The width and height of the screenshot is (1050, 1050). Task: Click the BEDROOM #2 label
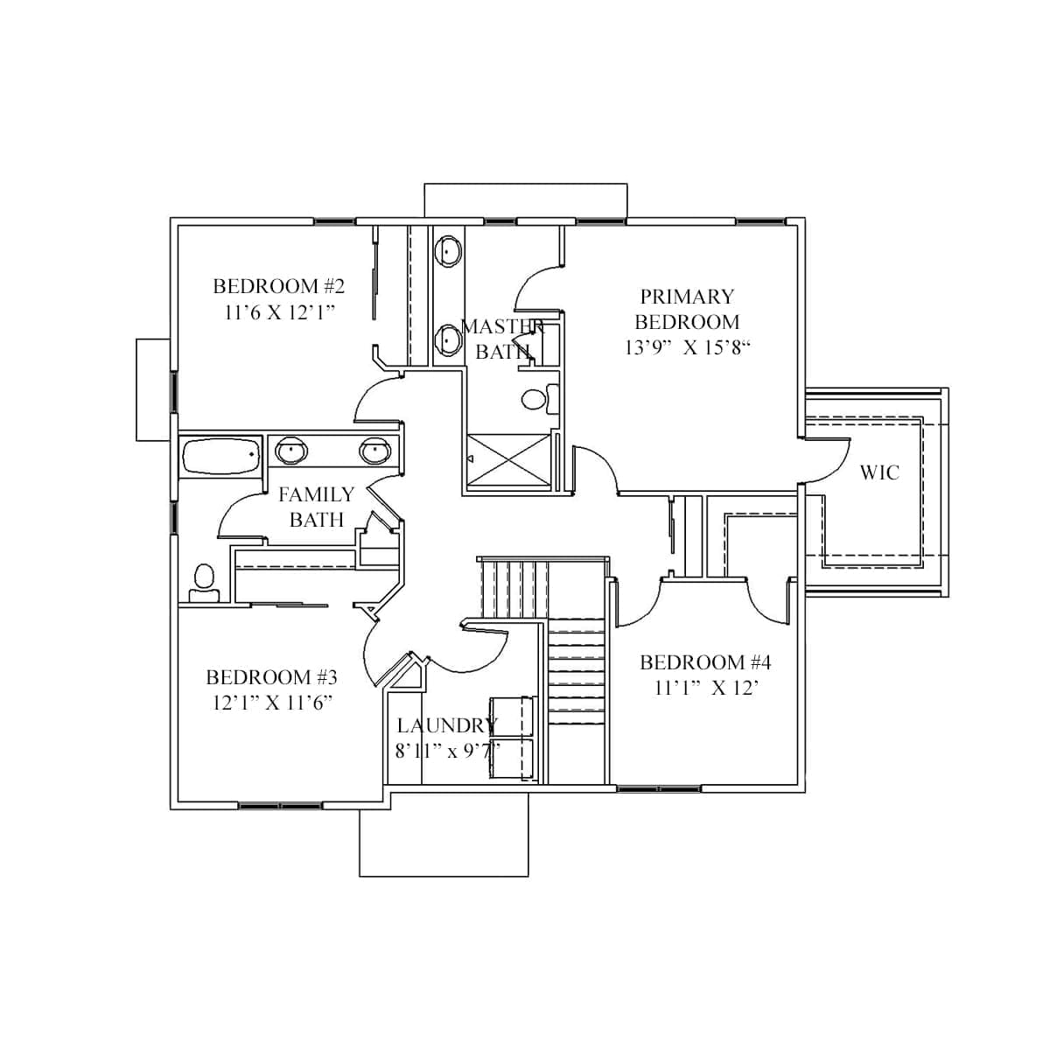[278, 286]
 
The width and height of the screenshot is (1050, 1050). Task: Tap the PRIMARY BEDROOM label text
[687, 309]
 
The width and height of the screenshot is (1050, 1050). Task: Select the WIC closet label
[879, 472]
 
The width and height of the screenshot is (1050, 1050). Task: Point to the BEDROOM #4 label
[705, 662]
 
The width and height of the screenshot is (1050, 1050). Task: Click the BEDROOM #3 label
[271, 677]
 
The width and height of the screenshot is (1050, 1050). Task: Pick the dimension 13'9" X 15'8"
[688, 347]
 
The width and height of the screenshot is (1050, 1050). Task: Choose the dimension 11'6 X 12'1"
[280, 312]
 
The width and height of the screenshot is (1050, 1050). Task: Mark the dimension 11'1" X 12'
[706, 688]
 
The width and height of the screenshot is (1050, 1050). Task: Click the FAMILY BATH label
[316, 507]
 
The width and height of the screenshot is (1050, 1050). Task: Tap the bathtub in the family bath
[220, 456]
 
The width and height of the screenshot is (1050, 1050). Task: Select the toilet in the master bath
[535, 399]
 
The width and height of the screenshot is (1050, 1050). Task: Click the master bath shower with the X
[509, 458]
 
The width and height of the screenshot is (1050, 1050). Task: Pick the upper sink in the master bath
[449, 250]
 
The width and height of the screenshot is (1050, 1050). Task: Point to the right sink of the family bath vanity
[374, 451]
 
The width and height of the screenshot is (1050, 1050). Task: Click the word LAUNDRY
[446, 725]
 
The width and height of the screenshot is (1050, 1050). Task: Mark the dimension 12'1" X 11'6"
[272, 703]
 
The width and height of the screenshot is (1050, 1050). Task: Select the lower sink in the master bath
[449, 338]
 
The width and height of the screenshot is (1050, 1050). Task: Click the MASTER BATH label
[502, 339]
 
